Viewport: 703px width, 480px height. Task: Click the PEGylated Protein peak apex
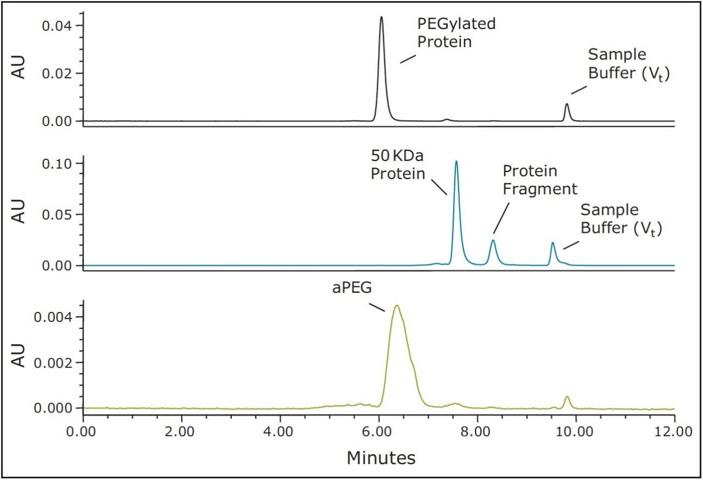pyautogui.click(x=381, y=18)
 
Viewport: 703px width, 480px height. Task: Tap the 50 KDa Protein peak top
pyautogui.click(x=456, y=162)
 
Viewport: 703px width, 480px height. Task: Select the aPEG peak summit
pyautogui.click(x=396, y=306)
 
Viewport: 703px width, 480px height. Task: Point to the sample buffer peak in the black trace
pyautogui.click(x=567, y=104)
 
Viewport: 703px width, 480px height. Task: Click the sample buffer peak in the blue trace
pyautogui.click(x=553, y=243)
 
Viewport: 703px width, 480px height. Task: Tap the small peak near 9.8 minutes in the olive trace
pyautogui.click(x=567, y=397)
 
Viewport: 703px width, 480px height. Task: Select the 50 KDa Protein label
pyautogui.click(x=398, y=165)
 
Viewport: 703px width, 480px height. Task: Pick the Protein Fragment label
pyautogui.click(x=540, y=180)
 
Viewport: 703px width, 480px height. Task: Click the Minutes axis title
pyautogui.click(x=381, y=457)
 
